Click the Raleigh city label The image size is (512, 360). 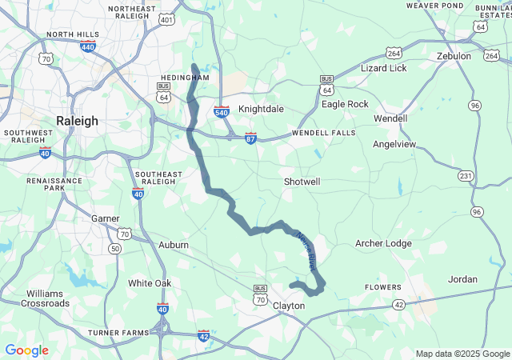[77, 121]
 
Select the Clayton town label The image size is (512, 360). [289, 306]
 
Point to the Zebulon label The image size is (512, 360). [454, 56]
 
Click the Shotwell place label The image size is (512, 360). [302, 182]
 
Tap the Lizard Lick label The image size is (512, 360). [384, 69]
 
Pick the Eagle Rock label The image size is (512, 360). [345, 104]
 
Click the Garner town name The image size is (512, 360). [106, 218]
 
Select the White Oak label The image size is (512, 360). [150, 283]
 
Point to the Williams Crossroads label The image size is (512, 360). [45, 298]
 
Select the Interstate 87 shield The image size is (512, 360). [250, 138]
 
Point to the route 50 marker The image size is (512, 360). [116, 249]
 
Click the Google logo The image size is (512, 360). [26, 350]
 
